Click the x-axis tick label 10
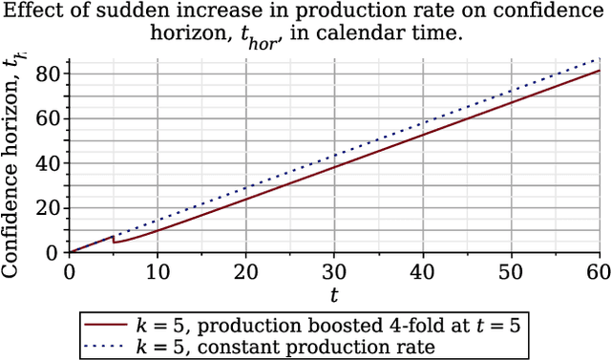158,272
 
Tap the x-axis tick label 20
246,272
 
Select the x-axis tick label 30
335,272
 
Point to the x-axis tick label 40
423,272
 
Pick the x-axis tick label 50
512,272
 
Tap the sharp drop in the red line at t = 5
114,239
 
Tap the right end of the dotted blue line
600,59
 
